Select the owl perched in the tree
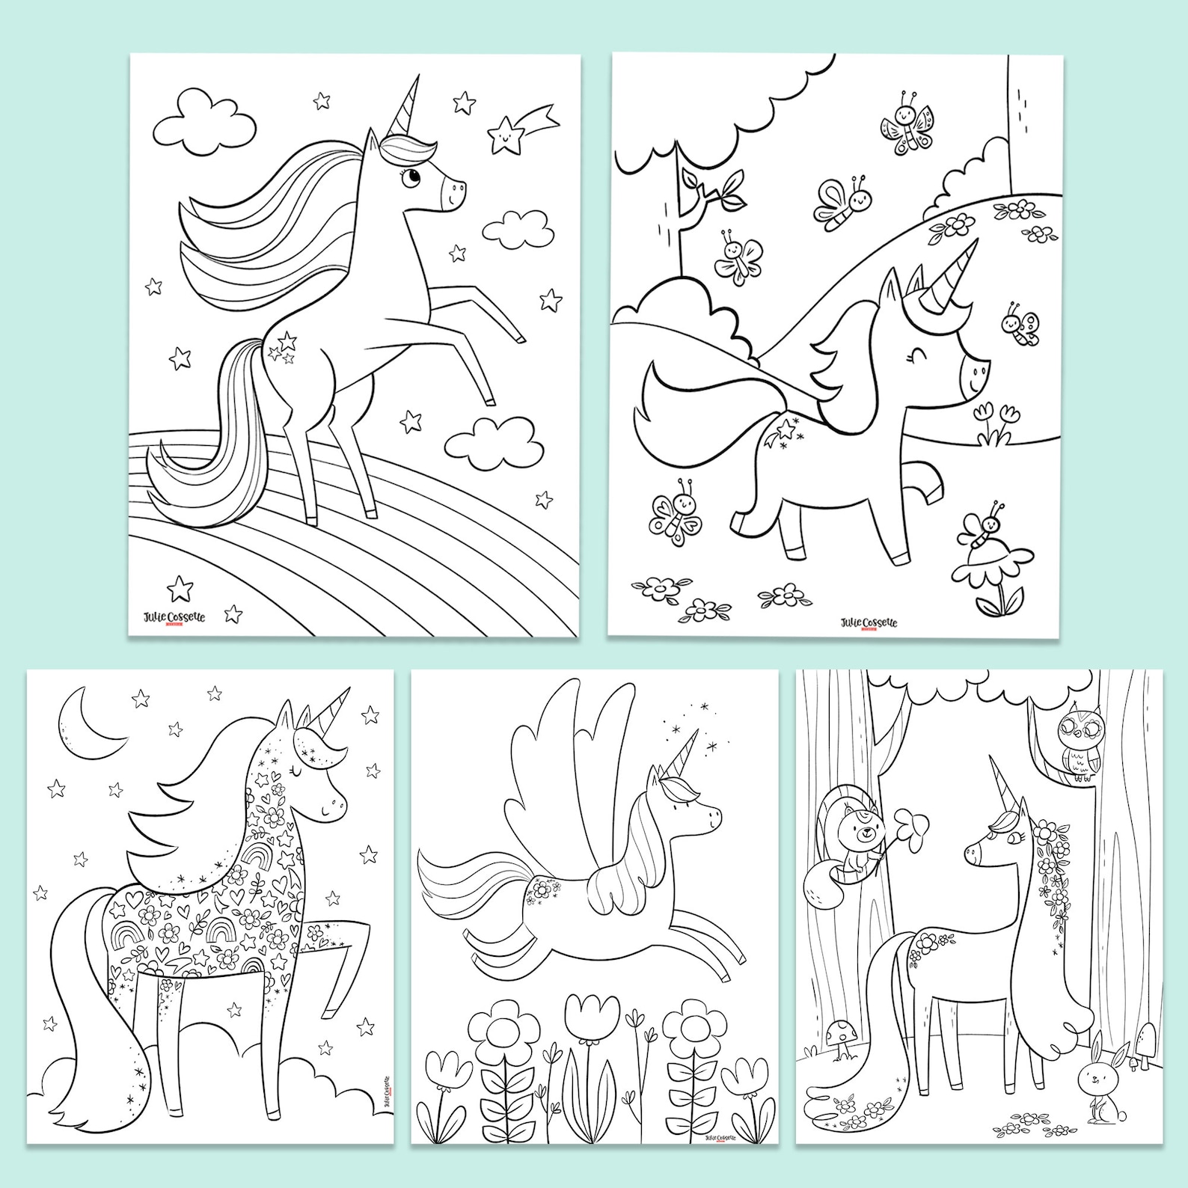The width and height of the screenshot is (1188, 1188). (1077, 749)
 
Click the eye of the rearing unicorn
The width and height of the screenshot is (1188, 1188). (412, 178)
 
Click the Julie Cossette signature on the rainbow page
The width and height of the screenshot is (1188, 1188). (174, 616)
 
